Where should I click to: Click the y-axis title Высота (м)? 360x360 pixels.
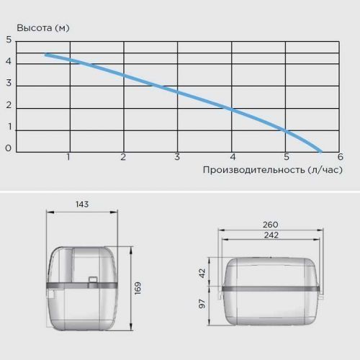click(43, 28)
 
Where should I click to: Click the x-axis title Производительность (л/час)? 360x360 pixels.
click(273, 170)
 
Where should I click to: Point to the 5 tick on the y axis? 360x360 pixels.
click(9, 40)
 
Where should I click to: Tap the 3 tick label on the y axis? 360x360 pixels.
click(9, 83)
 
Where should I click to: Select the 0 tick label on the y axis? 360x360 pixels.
click(9, 148)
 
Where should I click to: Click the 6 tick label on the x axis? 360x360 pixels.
click(341, 157)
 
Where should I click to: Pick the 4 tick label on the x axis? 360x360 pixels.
click(233, 157)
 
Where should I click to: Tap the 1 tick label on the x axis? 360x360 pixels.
click(68, 157)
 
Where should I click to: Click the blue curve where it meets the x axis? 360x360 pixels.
click(320, 152)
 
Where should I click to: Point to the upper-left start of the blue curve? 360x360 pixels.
click(45, 55)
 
